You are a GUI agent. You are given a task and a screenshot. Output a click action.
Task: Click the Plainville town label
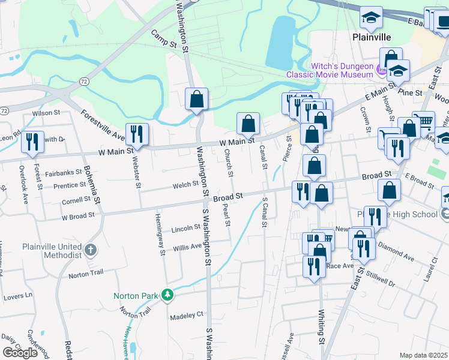pyautogui.click(x=371, y=37)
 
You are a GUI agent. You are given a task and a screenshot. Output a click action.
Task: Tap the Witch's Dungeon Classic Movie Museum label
pyautogui.click(x=330, y=71)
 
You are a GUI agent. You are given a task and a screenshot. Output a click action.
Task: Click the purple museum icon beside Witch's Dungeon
pyautogui.click(x=381, y=71)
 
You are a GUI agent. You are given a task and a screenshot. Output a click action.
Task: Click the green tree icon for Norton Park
pyautogui.click(x=169, y=295)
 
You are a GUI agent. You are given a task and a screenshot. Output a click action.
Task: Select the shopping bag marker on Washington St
pyautogui.click(x=197, y=99)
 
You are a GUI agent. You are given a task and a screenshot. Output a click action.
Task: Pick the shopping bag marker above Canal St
pyautogui.click(x=248, y=124)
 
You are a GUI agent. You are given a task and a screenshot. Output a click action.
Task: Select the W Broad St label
pyautogui.click(x=78, y=215)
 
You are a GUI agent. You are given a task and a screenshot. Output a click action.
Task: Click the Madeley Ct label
pyautogui.click(x=187, y=315)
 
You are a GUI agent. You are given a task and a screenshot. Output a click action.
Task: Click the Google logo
pyautogui.click(x=20, y=352)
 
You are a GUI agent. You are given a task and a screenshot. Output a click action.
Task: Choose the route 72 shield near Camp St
pyautogui.click(x=84, y=80)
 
